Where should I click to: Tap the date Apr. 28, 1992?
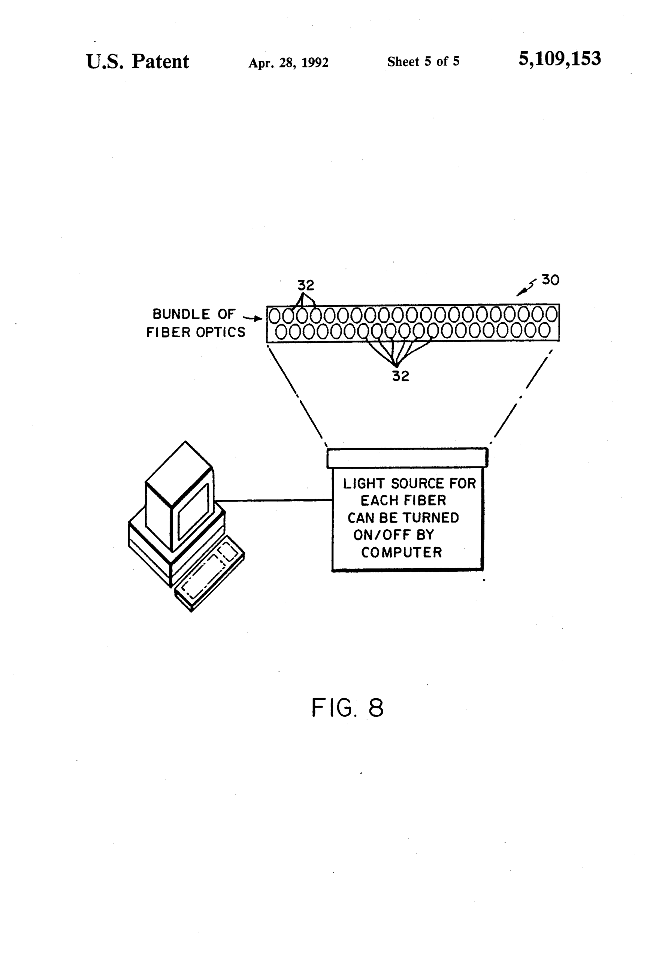click(288, 63)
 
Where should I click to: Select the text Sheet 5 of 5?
click(423, 61)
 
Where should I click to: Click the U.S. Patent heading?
click(137, 61)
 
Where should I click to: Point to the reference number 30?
click(550, 280)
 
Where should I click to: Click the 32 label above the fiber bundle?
click(305, 285)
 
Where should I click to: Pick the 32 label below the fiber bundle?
click(400, 376)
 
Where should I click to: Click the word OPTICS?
click(220, 332)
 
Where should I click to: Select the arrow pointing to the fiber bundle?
click(253, 318)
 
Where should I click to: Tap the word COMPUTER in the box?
click(401, 552)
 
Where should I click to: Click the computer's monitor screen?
click(193, 512)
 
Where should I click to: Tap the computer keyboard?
click(210, 573)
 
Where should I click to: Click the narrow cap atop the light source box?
click(407, 458)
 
